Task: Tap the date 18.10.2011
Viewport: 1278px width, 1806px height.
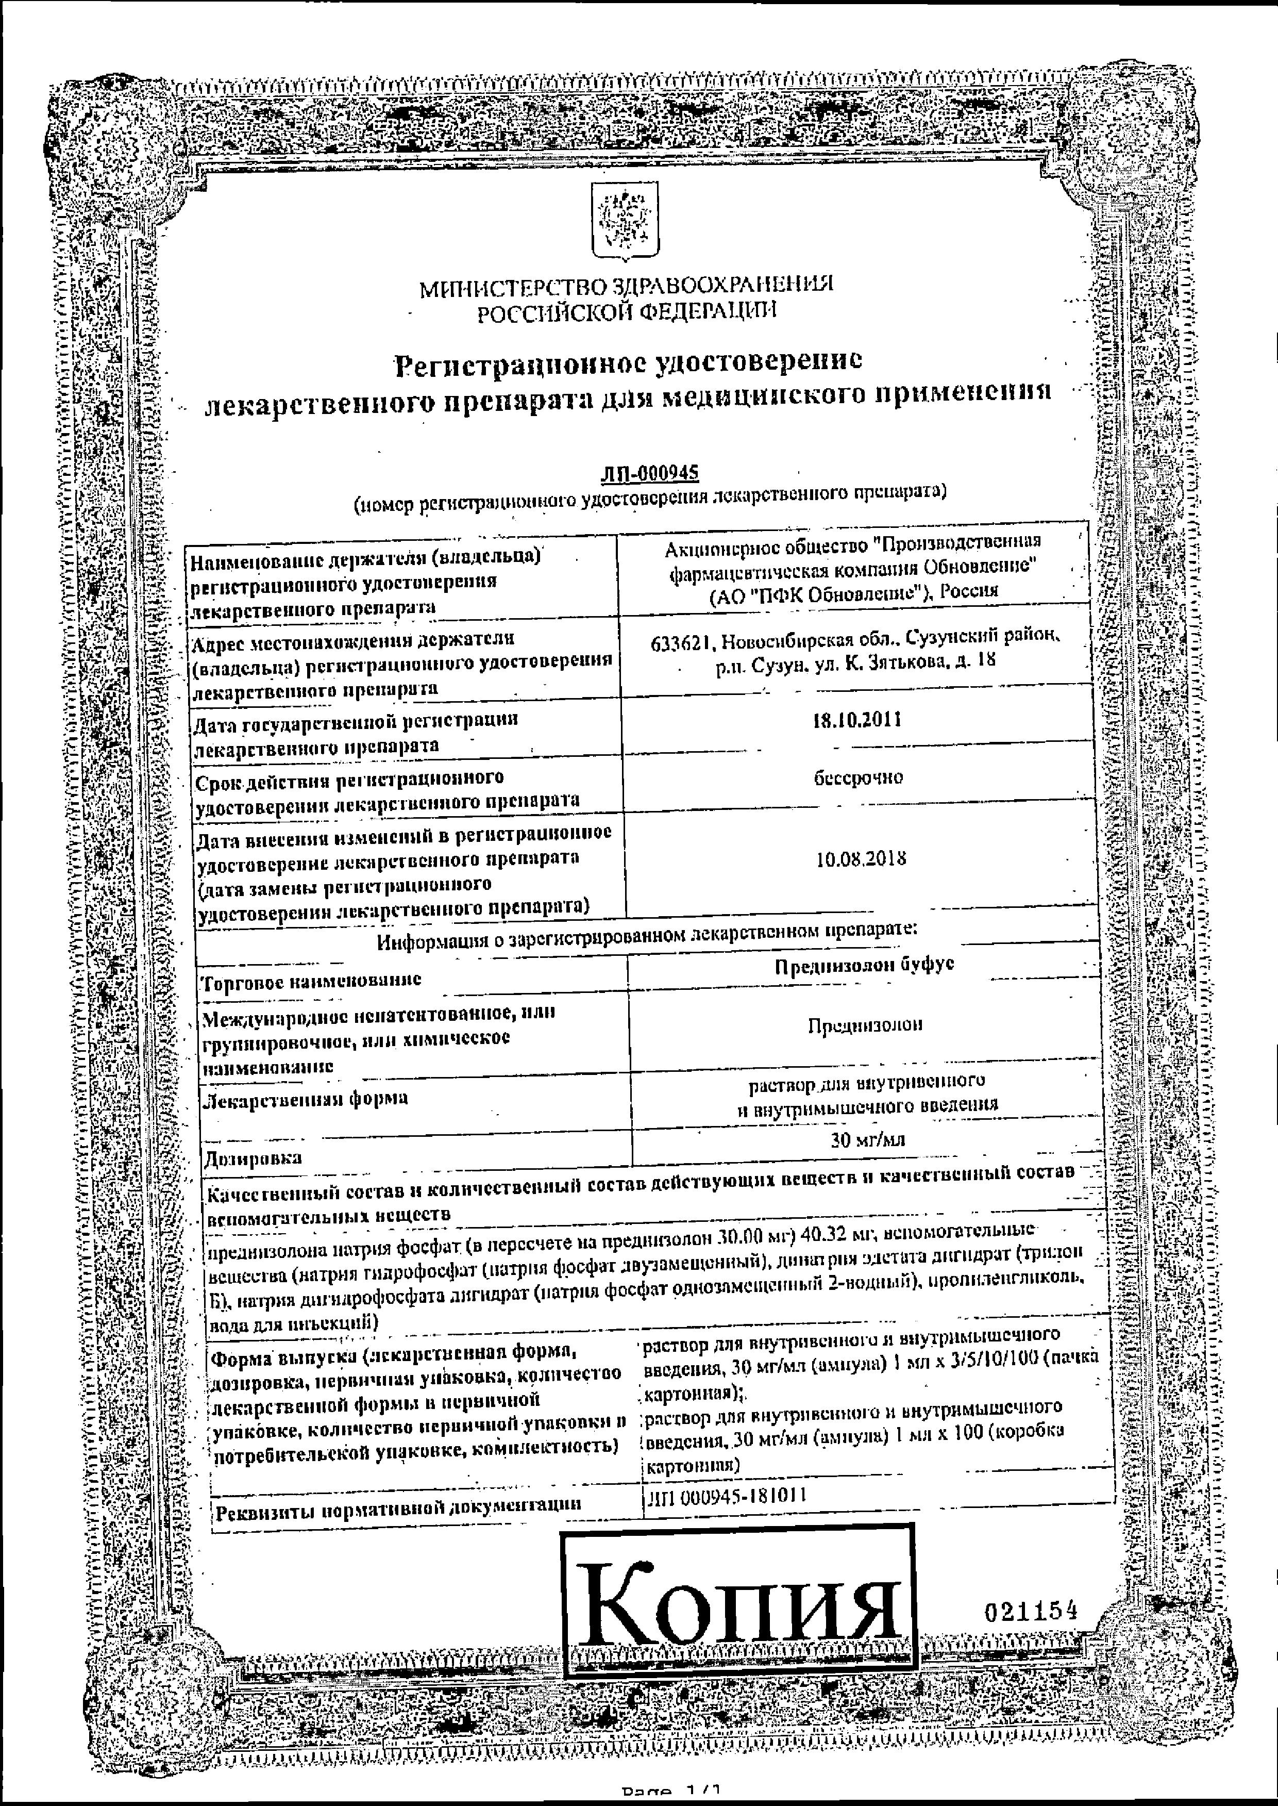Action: coord(857,720)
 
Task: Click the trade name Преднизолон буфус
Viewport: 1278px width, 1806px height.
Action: coord(864,965)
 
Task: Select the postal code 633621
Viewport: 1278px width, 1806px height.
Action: coord(681,643)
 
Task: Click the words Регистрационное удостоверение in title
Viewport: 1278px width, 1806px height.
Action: coord(627,362)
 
